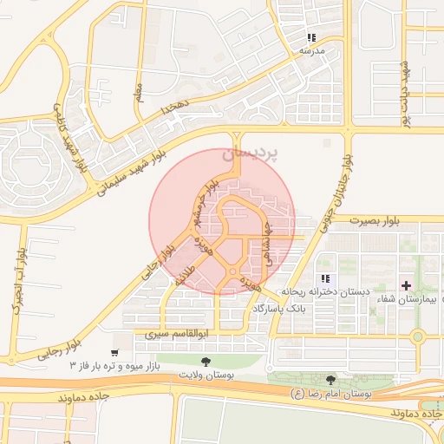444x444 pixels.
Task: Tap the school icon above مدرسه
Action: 311,38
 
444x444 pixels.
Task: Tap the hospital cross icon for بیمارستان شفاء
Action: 406,285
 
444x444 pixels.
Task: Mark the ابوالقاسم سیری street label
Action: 165,333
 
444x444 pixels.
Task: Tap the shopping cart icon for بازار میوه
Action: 115,353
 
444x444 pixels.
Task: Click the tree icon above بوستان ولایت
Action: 205,361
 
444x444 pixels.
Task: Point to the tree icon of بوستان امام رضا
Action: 330,380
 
